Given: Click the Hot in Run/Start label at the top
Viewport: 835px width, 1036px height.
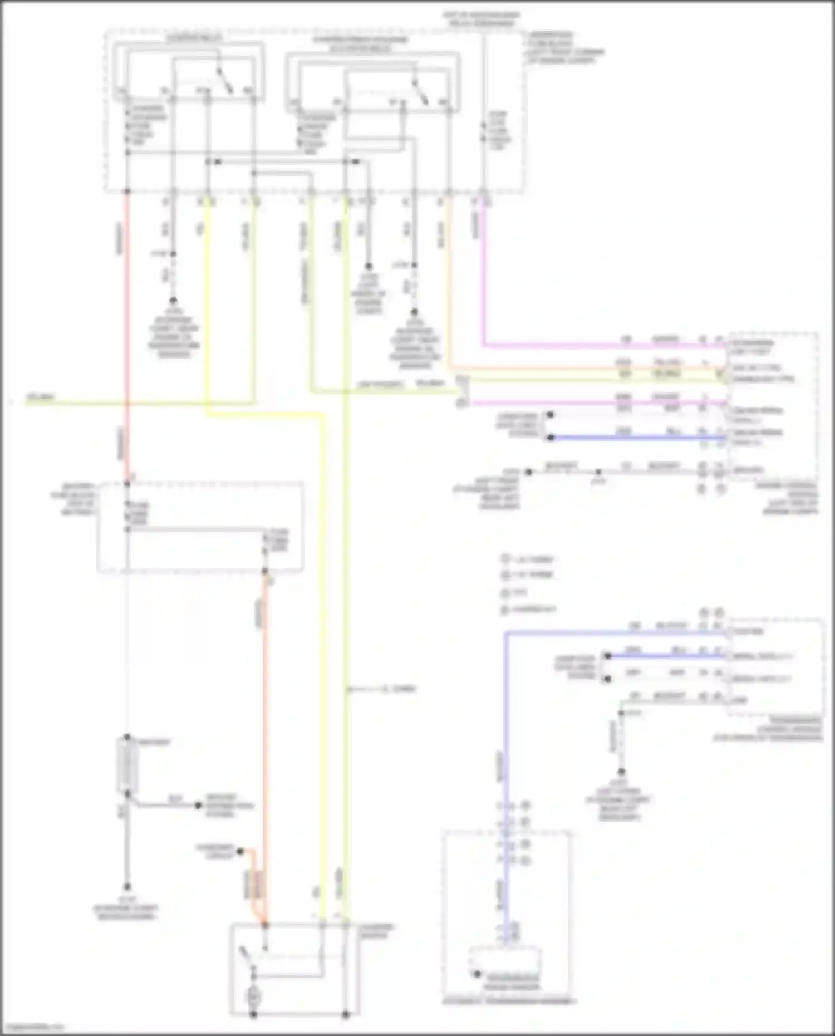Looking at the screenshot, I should [482, 20].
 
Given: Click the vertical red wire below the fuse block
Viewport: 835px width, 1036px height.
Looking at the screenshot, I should [127, 334].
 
